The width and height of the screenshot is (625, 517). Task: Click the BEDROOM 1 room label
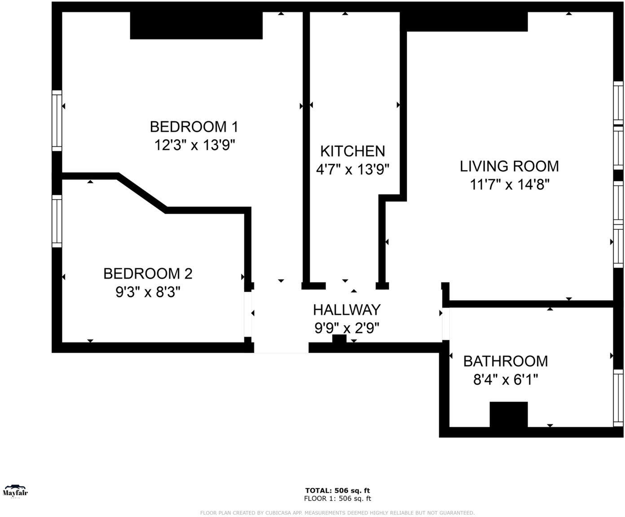point(194,127)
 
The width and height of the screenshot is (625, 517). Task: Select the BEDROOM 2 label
point(148,273)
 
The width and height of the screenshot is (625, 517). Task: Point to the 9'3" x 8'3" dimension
point(148,292)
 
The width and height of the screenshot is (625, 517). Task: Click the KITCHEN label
point(352,151)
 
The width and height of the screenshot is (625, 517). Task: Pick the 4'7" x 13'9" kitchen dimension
point(352,170)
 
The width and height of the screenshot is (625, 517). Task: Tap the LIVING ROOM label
point(509,166)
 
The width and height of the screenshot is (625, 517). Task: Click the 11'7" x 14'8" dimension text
point(509,184)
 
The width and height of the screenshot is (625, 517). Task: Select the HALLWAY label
point(347,310)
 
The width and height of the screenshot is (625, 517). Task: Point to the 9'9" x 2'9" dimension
point(347,328)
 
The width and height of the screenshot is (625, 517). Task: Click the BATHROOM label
point(506,361)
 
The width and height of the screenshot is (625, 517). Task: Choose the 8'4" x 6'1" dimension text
point(506,380)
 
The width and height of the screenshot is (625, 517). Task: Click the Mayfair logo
point(15,491)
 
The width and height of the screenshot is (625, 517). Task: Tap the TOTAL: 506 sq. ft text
point(337,491)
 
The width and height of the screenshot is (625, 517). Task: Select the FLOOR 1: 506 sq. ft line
point(337,498)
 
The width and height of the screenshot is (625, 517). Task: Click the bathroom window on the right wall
point(618,398)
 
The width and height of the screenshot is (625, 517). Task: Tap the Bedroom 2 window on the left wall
point(57,221)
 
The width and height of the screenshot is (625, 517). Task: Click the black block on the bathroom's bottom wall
point(508,414)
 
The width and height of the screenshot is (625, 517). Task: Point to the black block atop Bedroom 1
point(196,26)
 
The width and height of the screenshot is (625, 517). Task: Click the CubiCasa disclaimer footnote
point(337,513)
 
